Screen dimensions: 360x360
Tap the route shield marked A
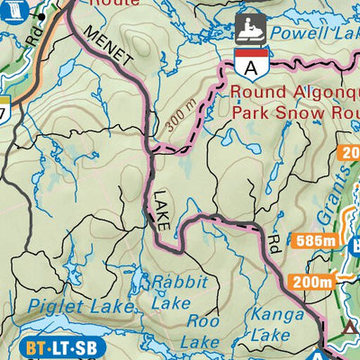pyautogui.click(x=249, y=64)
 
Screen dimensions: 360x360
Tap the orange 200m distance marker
pyautogui.click(x=311, y=282)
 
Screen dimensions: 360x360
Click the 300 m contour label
pyautogui.click(x=181, y=118)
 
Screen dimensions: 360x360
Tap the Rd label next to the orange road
pyautogui.click(x=34, y=36)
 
